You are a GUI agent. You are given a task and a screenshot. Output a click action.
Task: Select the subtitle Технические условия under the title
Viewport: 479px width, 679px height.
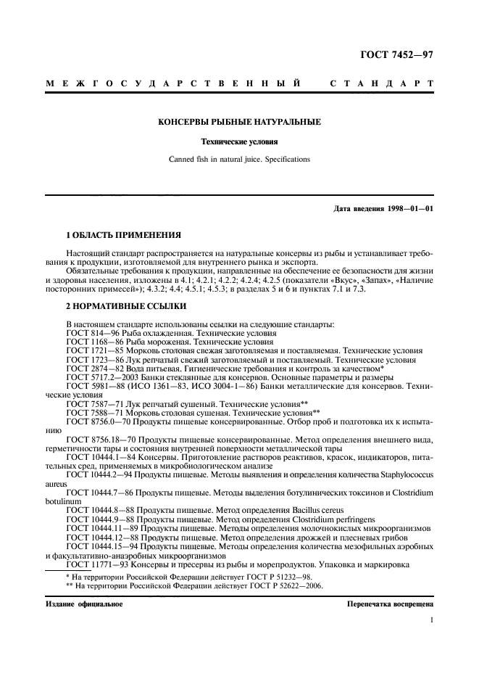[x=240, y=143]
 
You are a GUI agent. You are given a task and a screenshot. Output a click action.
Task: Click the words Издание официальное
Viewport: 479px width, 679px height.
[x=84, y=604]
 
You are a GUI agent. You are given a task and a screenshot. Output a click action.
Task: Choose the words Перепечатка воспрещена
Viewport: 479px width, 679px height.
[x=390, y=604]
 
